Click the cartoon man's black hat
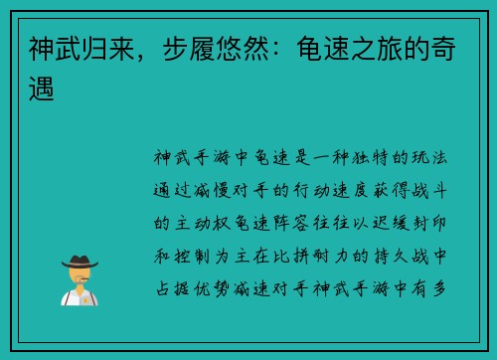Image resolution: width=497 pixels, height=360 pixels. pyautogui.click(x=79, y=261)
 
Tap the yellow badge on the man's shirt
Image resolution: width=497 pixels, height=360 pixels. pyautogui.click(x=85, y=295)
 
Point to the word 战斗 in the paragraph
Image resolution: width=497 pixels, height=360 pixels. pyautogui.click(x=439, y=189)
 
